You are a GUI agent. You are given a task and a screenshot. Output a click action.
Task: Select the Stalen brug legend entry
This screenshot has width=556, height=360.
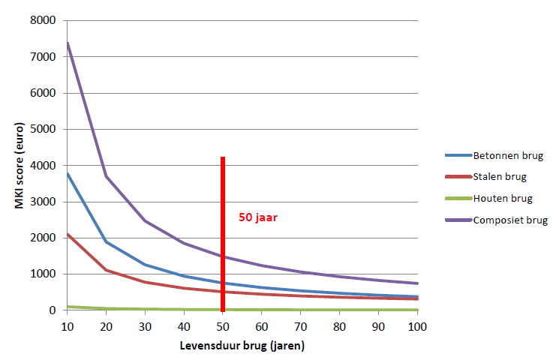click(x=500, y=177)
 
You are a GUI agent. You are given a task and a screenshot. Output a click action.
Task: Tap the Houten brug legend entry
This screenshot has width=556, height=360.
click(x=502, y=199)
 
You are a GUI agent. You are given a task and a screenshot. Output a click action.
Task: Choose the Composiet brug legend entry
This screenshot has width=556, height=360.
click(x=510, y=220)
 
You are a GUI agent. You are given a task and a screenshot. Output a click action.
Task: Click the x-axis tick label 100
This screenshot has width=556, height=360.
click(x=418, y=326)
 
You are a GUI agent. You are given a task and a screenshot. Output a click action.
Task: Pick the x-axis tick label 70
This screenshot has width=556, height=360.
click(x=301, y=326)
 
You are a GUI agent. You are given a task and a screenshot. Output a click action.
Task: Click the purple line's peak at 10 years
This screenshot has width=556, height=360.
click(x=68, y=43)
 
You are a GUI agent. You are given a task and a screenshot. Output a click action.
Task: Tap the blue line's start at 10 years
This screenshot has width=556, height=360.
click(x=68, y=173)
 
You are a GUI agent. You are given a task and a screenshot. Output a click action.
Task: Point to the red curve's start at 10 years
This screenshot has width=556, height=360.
click(x=68, y=234)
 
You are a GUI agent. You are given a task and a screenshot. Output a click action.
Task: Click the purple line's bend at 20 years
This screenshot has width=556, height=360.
click(x=107, y=176)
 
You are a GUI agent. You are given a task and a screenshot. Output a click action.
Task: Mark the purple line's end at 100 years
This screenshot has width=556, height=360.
click(x=418, y=283)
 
